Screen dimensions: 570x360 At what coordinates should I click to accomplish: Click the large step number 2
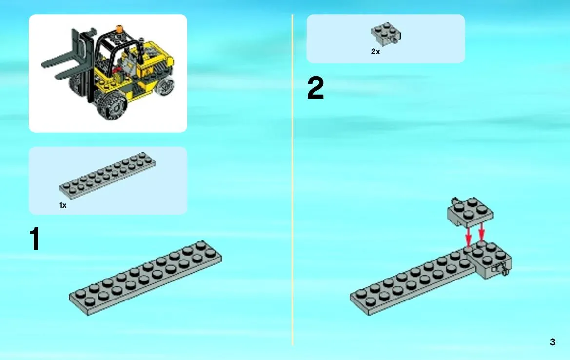point(315,87)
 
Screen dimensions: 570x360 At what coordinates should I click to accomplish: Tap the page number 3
point(552,342)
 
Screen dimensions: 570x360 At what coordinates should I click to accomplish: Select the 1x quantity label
point(63,205)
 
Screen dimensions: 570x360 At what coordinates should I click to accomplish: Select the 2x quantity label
point(375,52)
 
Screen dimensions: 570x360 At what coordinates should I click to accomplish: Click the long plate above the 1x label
point(107,176)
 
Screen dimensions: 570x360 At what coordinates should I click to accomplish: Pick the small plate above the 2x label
point(386,34)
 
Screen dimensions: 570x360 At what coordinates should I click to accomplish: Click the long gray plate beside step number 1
point(145,278)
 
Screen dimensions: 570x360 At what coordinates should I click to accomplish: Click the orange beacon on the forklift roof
point(119,29)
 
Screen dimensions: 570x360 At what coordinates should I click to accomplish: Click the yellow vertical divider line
point(292,180)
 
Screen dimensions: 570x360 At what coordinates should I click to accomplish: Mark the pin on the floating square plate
point(454,200)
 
